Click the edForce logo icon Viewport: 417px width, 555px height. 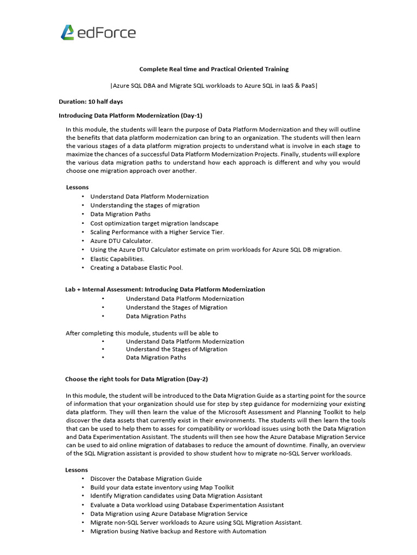pos(67,33)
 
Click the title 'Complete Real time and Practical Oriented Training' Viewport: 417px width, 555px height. pos(214,69)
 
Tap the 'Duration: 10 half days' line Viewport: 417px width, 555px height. pos(91,101)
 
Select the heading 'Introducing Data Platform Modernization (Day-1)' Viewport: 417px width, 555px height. pos(130,115)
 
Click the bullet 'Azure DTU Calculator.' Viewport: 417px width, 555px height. pos(122,241)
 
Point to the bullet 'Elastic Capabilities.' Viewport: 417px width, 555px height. pos(117,259)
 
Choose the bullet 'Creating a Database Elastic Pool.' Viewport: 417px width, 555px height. pos(136,267)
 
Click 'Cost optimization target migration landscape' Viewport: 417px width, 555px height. pos(154,223)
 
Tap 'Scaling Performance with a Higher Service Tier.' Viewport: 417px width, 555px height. pos(157,232)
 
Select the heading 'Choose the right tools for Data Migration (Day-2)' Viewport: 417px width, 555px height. pos(136,379)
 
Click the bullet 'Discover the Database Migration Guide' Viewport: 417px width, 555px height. pos(146,479)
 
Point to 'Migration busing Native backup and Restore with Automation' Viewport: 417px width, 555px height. pos(178,531)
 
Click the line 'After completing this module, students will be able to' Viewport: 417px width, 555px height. pos(142,333)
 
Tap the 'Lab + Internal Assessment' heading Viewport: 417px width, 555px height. pos(165,289)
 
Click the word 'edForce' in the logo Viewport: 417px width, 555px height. pos(106,33)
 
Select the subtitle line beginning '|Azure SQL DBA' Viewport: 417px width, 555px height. pos(214,86)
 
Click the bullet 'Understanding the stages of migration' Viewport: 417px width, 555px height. pos(145,205)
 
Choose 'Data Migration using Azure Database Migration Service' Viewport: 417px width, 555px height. pos(169,513)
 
